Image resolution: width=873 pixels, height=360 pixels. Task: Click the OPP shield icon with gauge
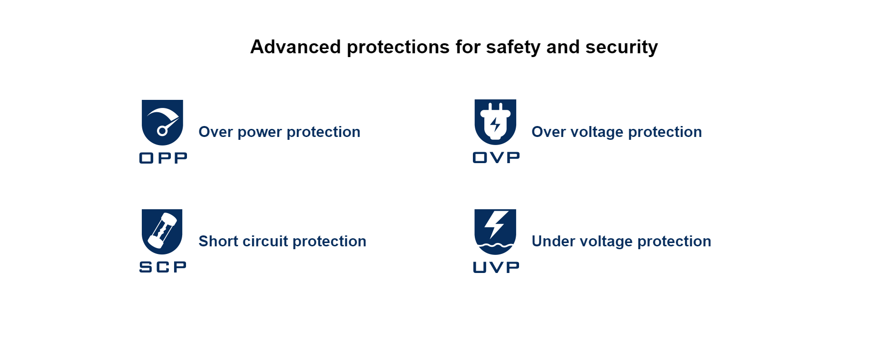[x=163, y=122]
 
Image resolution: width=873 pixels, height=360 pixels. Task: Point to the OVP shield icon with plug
[x=495, y=122]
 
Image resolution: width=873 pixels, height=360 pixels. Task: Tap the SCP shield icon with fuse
[x=162, y=232]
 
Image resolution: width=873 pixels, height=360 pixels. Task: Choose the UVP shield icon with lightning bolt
[x=495, y=232]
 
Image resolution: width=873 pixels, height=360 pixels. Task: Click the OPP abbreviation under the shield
[x=163, y=158]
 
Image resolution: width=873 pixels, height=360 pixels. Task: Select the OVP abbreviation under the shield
[x=496, y=157]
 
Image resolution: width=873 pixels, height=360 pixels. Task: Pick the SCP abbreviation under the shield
[x=163, y=267]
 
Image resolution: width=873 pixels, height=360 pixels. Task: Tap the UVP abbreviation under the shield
[x=496, y=267]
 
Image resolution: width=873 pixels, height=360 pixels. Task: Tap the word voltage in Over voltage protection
[x=601, y=133]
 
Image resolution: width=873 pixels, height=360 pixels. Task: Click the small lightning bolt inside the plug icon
[x=495, y=125]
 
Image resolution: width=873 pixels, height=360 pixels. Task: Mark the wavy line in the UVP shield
[x=495, y=246]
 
